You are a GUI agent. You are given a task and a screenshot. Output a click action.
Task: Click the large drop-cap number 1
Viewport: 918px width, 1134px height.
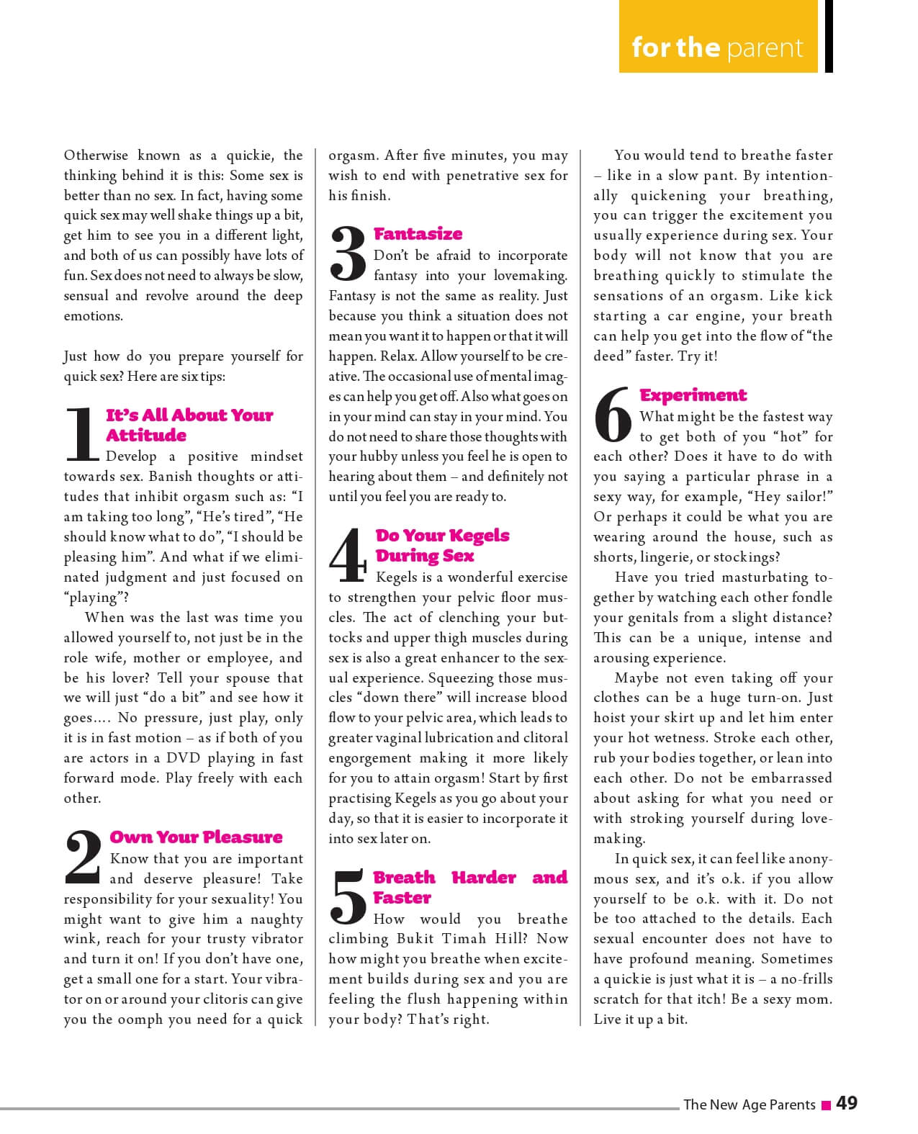81,433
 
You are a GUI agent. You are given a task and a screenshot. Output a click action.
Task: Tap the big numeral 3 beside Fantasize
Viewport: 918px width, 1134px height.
348,253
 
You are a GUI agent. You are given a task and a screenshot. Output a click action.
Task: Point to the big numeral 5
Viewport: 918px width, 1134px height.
348,897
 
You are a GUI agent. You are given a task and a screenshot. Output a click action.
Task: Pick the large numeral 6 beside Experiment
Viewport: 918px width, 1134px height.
613,415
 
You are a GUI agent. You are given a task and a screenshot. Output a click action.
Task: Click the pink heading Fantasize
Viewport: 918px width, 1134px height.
418,234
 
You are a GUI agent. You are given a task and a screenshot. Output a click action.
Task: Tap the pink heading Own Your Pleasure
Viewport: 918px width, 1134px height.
196,837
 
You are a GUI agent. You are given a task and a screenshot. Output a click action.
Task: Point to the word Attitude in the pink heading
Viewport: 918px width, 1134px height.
146,436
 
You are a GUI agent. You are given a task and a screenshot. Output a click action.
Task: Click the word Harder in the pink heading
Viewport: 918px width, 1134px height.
484,878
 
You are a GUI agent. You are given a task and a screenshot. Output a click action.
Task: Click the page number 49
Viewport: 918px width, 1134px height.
847,1103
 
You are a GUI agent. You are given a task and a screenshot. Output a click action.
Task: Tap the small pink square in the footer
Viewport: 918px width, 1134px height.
827,1104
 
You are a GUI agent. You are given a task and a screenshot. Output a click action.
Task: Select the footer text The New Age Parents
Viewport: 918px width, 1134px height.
749,1104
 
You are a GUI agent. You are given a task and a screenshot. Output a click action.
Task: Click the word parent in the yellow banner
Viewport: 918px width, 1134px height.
765,48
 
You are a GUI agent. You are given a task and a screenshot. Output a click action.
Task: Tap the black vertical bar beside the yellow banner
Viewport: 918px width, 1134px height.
829,36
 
